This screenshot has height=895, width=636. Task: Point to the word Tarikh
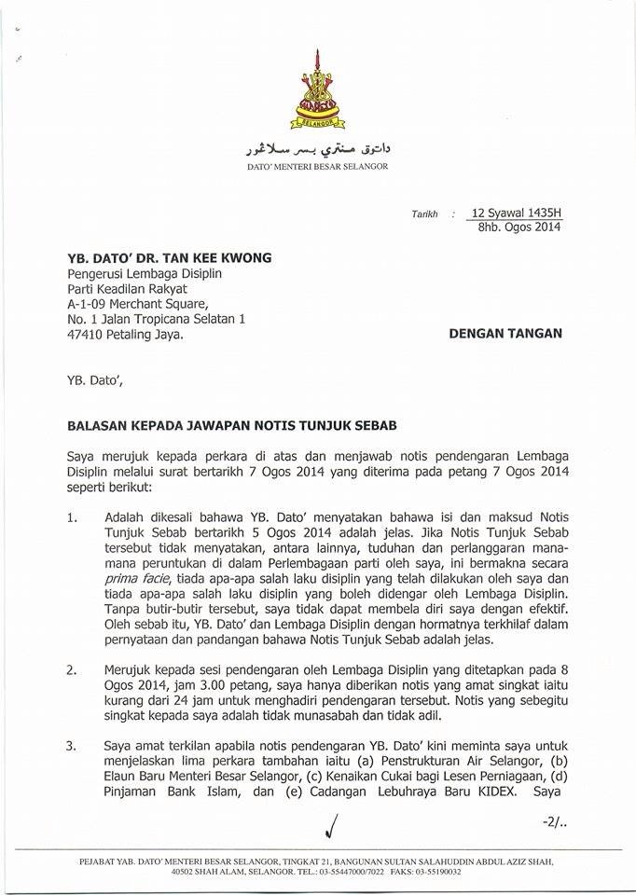(424, 213)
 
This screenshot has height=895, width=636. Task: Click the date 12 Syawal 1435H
(518, 212)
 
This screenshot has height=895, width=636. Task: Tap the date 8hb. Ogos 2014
(518, 227)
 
